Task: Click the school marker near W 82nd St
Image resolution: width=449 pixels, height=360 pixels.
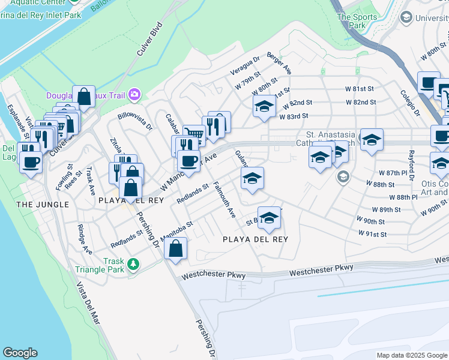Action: point(264,107)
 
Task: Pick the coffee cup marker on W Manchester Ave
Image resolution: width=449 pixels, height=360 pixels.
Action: point(188,161)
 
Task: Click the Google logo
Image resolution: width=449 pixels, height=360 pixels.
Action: point(20,353)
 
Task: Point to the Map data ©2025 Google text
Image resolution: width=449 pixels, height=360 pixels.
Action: point(411,355)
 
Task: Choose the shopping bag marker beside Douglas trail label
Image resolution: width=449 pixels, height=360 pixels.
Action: point(83,97)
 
